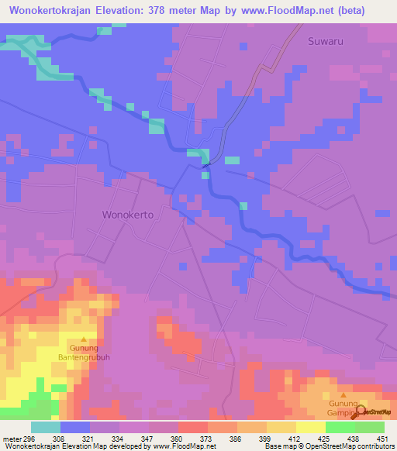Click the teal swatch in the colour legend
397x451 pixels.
coord(46,427)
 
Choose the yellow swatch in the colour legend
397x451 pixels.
coord(311,427)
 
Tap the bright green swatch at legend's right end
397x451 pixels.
coord(370,427)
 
